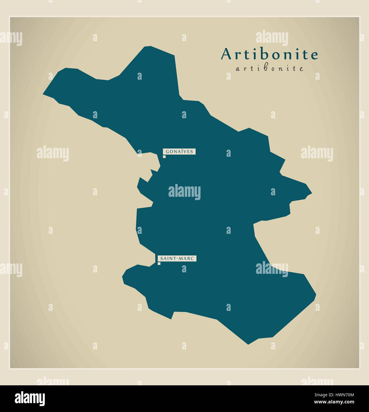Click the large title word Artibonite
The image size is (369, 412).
269,54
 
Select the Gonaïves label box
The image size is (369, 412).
179,151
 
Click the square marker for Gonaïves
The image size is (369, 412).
164,157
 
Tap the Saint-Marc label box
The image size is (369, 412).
176,258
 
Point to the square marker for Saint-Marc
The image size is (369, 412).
159,264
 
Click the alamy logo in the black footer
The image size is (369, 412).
30,398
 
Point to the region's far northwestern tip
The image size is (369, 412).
44,94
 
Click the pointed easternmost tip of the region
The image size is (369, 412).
311,193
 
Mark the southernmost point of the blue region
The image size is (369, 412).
248,344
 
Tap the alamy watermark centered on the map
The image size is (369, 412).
184,192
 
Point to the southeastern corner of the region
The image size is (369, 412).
316,295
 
